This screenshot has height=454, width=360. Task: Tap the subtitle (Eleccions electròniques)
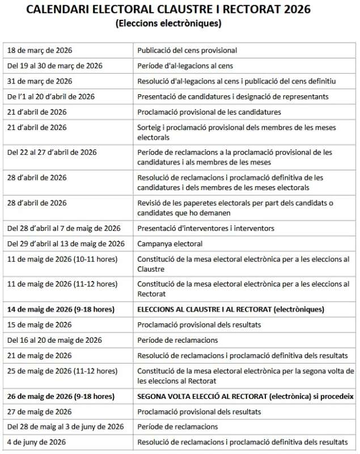pyautogui.click(x=168, y=24)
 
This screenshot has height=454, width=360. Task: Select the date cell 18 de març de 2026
pyautogui.click(x=40, y=51)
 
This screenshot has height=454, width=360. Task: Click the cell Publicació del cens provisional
pyautogui.click(x=187, y=51)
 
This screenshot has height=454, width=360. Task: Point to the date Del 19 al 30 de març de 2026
pyautogui.click(x=54, y=66)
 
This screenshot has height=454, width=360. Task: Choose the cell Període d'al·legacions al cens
pyautogui.click(x=185, y=66)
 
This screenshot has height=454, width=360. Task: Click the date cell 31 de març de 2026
pyautogui.click(x=40, y=81)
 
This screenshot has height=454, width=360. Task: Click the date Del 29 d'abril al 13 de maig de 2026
pyautogui.click(x=66, y=243)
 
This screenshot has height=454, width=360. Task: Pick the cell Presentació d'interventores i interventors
pyautogui.click(x=206, y=228)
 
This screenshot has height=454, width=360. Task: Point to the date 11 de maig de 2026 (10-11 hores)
pyautogui.click(x=62, y=259)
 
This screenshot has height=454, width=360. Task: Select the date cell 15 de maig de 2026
pyautogui.click(x=40, y=325)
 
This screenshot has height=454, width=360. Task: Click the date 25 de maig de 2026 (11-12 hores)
pyautogui.click(x=62, y=371)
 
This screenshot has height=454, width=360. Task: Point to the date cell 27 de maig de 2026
pyautogui.click(x=40, y=411)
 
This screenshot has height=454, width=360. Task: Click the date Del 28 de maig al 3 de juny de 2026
pyautogui.click(x=65, y=427)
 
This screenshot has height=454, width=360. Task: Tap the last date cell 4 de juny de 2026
pyautogui.click(x=37, y=442)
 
